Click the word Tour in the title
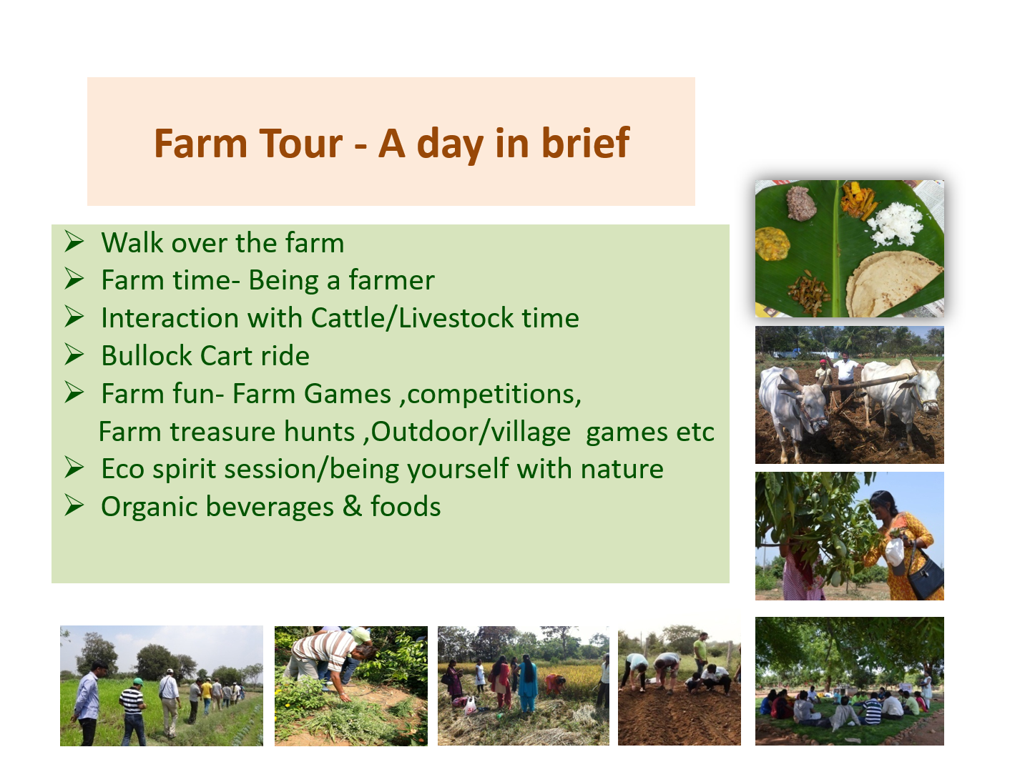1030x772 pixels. [300, 143]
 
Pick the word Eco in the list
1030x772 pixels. [123, 469]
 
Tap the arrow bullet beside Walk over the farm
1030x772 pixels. [74, 242]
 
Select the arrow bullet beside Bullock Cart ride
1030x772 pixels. [74, 355]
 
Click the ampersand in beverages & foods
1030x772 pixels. [352, 506]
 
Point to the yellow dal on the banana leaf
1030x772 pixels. [772, 243]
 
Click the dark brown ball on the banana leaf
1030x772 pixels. [801, 203]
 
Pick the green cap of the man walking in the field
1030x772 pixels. [137, 681]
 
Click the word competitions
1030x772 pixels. [494, 395]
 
